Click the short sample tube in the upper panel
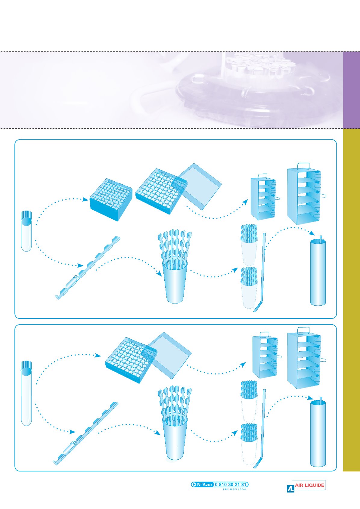click(x=26, y=231)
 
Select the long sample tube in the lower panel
click(x=26, y=393)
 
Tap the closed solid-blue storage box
click(x=111, y=199)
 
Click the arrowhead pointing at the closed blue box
click(x=85, y=199)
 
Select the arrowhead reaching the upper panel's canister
click(x=312, y=233)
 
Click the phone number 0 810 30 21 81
click(x=231, y=484)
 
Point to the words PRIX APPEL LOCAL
click(x=234, y=489)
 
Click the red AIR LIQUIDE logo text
click(x=309, y=485)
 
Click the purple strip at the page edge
click(x=352, y=90)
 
